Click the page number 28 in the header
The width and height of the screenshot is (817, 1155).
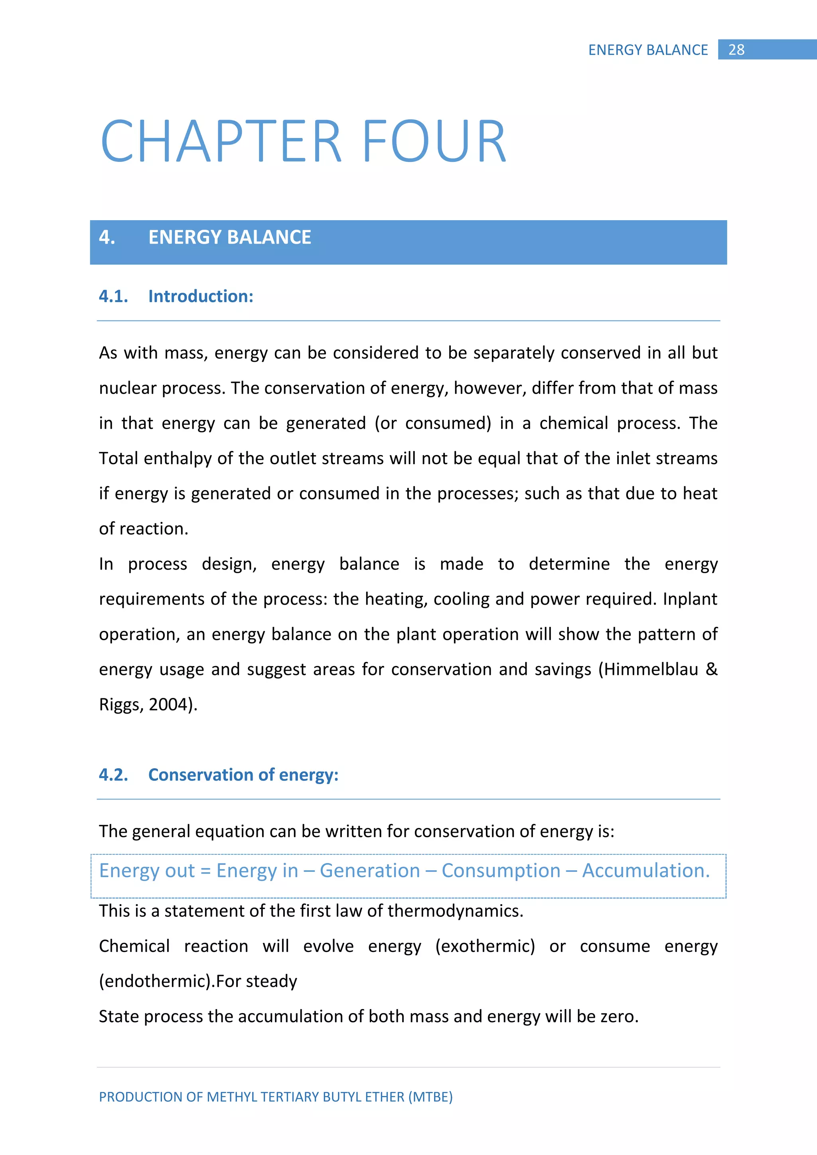click(736, 50)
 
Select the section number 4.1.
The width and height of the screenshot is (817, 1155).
click(113, 296)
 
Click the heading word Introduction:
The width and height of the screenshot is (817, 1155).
click(201, 296)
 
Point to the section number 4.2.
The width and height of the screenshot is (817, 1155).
click(113, 775)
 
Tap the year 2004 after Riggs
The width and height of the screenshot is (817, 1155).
click(168, 705)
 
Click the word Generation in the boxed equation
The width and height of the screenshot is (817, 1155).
click(370, 871)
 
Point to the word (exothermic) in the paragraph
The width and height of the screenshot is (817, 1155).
click(485, 946)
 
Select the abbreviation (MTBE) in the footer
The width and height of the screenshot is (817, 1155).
click(430, 1097)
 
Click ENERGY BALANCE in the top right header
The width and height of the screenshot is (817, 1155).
click(648, 50)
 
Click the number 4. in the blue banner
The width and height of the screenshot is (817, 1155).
click(107, 237)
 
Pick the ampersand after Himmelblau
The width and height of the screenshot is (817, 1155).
click(711, 670)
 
